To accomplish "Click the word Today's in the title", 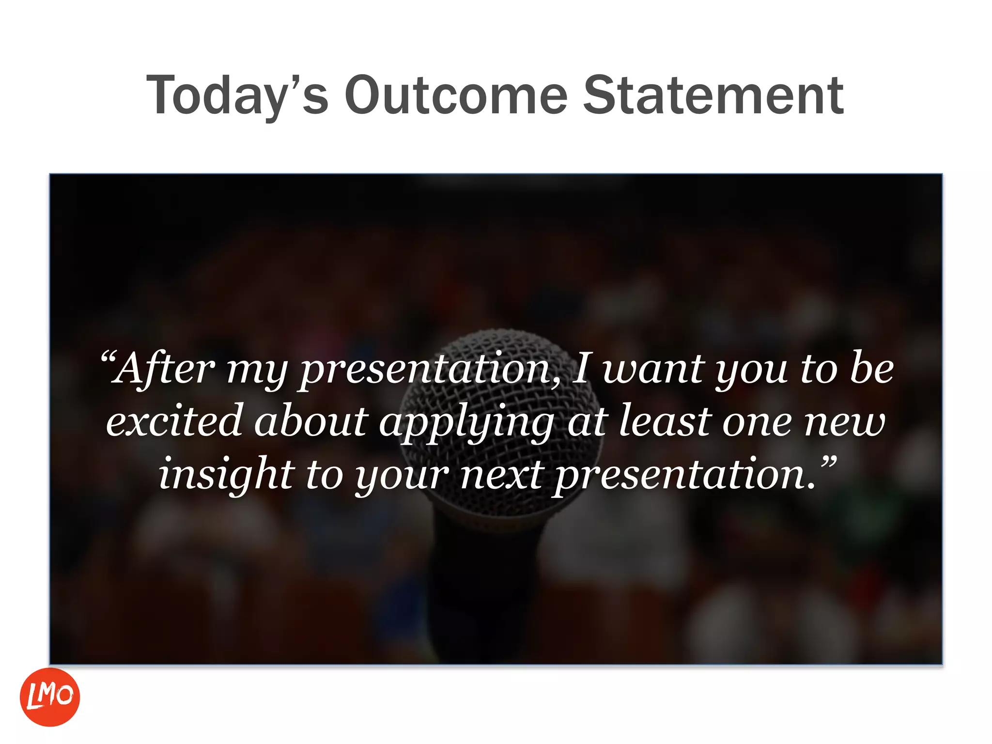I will (237, 95).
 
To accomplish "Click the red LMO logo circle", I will (49, 697).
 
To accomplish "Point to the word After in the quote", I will (163, 369).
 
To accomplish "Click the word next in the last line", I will (501, 475).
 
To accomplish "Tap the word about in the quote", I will (311, 421).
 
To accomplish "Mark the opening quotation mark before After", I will (108, 358).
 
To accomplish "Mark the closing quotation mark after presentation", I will (829, 462).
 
